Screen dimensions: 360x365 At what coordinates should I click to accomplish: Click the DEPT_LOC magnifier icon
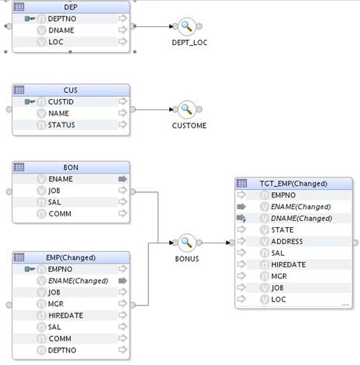(x=186, y=26)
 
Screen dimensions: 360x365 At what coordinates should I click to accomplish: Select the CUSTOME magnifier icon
(x=186, y=109)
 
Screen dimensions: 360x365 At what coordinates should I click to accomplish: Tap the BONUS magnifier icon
(x=186, y=243)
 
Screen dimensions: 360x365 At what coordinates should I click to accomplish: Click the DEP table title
(x=71, y=7)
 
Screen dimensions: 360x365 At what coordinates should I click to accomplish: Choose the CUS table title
(x=71, y=90)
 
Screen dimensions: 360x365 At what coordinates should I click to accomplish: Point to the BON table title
(x=71, y=167)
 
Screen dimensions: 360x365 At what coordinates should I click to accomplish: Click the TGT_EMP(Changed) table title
(x=293, y=184)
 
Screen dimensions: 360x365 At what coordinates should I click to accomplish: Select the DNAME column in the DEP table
(x=61, y=30)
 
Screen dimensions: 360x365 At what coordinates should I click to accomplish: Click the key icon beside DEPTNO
(x=29, y=19)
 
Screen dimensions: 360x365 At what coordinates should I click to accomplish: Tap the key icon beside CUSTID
(x=29, y=102)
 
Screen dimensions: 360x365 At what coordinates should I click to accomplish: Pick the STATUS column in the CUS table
(x=61, y=125)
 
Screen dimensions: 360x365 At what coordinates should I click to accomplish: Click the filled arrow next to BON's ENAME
(x=123, y=179)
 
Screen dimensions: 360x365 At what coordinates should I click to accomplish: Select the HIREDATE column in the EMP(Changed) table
(x=66, y=315)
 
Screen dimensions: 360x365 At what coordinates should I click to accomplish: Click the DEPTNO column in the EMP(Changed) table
(x=62, y=350)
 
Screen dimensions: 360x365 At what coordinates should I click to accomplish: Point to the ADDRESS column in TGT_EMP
(x=287, y=242)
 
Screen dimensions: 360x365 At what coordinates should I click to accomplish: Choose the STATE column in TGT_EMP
(x=282, y=230)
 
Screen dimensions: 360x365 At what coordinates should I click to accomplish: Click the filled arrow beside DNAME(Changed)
(x=241, y=219)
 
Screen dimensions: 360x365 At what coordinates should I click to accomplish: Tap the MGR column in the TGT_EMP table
(x=279, y=277)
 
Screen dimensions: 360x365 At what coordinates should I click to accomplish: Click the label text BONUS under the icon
(x=187, y=259)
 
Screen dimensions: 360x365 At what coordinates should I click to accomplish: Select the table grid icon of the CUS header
(x=19, y=90)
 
